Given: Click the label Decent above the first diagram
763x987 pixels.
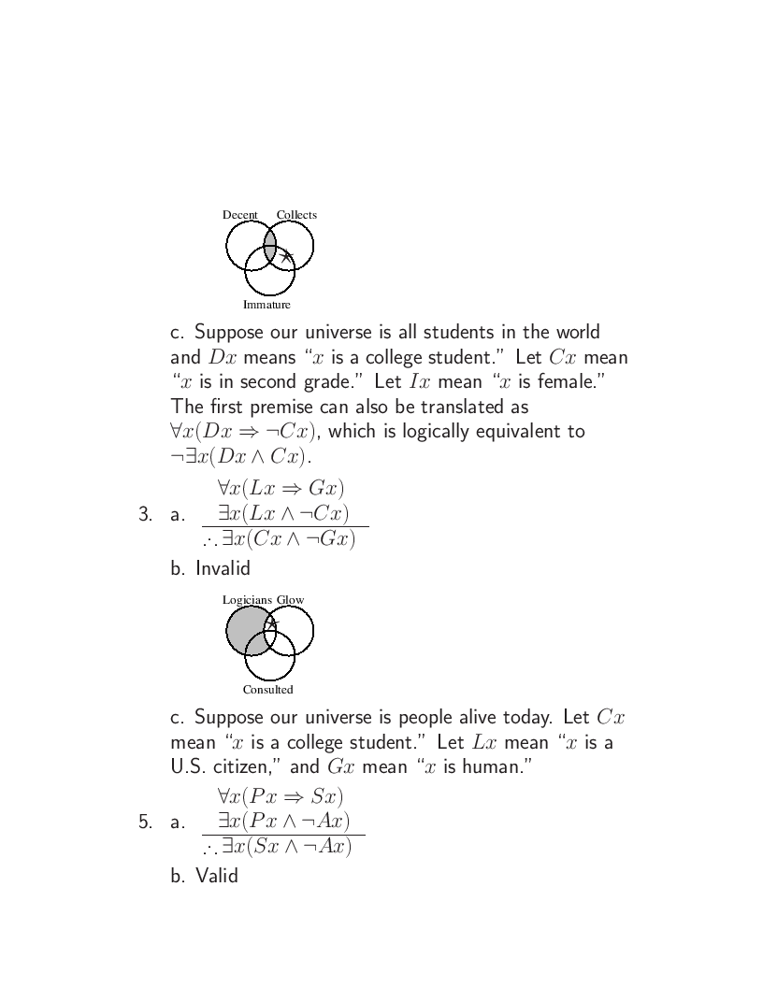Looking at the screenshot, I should [239, 215].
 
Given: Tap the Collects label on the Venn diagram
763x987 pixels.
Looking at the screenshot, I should [296, 215].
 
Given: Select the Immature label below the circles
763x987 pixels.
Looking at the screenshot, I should [266, 305].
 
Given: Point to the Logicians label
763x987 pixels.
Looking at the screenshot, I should [247, 600].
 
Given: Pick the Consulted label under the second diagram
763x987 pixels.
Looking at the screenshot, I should [267, 690].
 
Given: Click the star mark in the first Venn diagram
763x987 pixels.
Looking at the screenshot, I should [286, 256].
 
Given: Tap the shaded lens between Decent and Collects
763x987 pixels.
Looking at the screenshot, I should [269, 244].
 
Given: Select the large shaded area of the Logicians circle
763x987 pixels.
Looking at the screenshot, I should [243, 631].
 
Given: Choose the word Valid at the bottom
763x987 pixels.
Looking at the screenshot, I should [217, 876].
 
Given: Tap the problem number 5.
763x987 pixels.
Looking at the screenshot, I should [144, 822].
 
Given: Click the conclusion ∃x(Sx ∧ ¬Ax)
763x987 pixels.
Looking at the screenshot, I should [282, 848].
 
